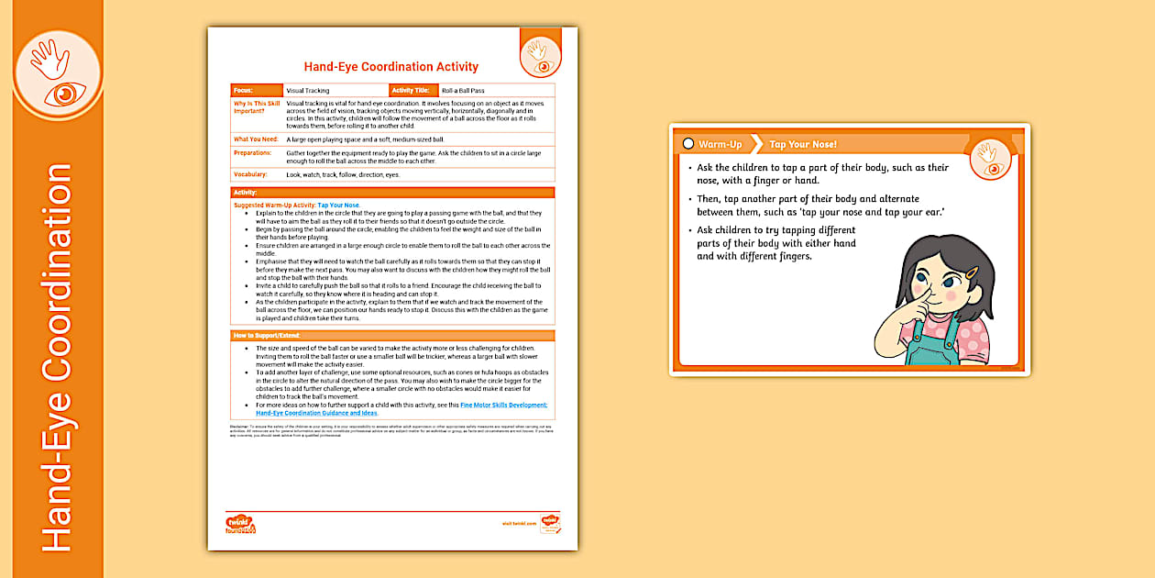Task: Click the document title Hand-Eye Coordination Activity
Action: pyautogui.click(x=390, y=67)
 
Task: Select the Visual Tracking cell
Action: pyautogui.click(x=308, y=91)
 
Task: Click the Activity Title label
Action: pyautogui.click(x=411, y=91)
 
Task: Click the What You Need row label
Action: pyautogui.click(x=256, y=139)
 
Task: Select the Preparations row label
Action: pyautogui.click(x=253, y=152)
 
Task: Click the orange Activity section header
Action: pyautogui.click(x=392, y=193)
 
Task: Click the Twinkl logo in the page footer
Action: pyautogui.click(x=240, y=524)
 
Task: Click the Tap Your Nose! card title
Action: pyautogui.click(x=803, y=145)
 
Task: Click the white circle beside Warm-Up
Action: pyautogui.click(x=687, y=145)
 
